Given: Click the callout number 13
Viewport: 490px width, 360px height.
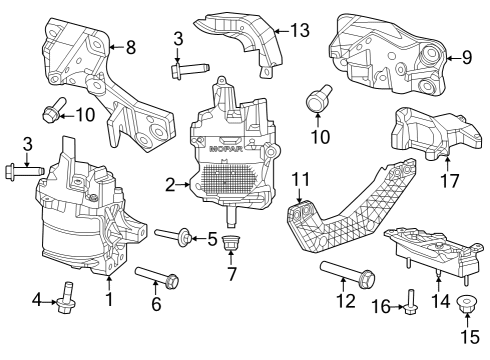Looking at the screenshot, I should tap(300, 30).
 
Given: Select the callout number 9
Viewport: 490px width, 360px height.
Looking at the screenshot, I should tap(467, 57).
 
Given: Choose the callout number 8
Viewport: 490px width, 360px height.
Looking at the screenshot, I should tap(130, 45).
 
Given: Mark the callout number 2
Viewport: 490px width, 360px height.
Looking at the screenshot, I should tap(171, 184).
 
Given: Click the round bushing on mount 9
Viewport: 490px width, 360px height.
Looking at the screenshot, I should tap(432, 56).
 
